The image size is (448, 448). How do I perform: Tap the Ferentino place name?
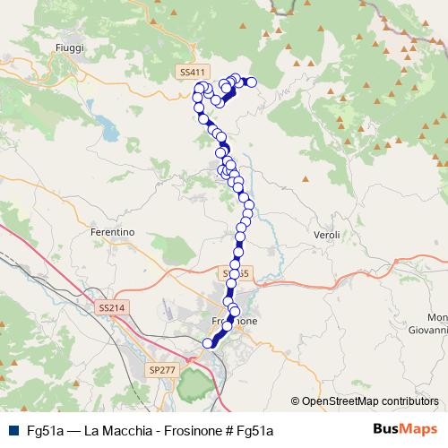(112, 232)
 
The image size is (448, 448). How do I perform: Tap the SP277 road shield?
(160, 369)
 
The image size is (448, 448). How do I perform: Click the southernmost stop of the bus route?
(209, 342)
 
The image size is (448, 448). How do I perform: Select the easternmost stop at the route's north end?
(252, 82)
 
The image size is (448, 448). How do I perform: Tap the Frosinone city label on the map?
(235, 321)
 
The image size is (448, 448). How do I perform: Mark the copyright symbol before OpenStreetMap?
(296, 401)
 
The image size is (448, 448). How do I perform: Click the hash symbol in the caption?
(230, 430)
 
